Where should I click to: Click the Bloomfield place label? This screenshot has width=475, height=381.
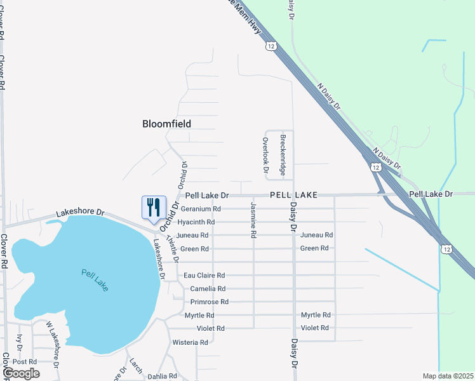pyautogui.click(x=166, y=124)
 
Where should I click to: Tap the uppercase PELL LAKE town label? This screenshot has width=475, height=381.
pyautogui.click(x=293, y=195)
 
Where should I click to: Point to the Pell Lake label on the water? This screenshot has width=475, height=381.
pyautogui.click(x=95, y=280)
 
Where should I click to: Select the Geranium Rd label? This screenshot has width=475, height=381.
pyautogui.click(x=201, y=209)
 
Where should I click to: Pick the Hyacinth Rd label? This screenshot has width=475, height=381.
pyautogui.click(x=196, y=222)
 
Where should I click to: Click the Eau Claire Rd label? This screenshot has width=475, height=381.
pyautogui.click(x=204, y=276)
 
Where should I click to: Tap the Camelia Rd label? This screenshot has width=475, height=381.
pyautogui.click(x=208, y=289)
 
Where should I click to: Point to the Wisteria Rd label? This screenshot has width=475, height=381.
pyautogui.click(x=191, y=342)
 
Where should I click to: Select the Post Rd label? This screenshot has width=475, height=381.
pyautogui.click(x=24, y=361)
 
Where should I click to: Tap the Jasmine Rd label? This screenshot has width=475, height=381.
pyautogui.click(x=253, y=220)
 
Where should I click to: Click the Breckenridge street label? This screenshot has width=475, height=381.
pyautogui.click(x=283, y=155)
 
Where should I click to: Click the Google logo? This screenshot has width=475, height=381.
pyautogui.click(x=21, y=373)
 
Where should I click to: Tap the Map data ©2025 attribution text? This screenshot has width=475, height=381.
pyautogui.click(x=448, y=376)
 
